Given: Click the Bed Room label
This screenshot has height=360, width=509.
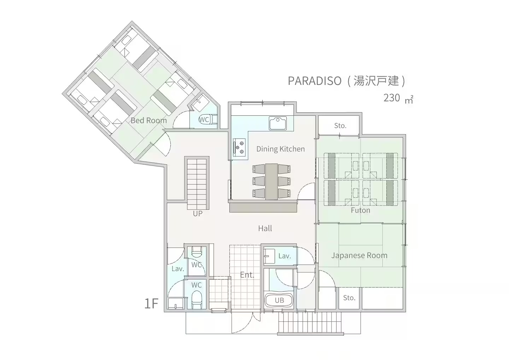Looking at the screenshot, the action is click(x=148, y=121).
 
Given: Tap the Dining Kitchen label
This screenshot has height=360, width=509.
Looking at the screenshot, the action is click(x=280, y=149).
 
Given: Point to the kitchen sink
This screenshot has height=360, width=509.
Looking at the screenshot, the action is click(x=278, y=123).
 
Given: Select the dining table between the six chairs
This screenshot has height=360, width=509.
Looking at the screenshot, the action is click(x=271, y=181).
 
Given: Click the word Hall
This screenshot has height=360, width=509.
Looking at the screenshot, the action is click(x=265, y=228).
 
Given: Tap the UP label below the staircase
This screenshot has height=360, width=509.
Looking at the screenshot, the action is click(x=198, y=213).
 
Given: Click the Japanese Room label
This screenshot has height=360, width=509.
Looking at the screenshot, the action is click(x=359, y=255).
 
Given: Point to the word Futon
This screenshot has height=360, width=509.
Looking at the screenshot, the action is click(x=361, y=210).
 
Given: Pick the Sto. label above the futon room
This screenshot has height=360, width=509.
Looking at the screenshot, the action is click(x=340, y=126).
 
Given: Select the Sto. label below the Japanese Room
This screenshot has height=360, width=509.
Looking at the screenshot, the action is click(x=349, y=298).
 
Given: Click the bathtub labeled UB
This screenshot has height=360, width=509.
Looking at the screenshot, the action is click(x=279, y=300).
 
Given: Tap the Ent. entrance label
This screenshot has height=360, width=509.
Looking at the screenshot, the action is click(x=247, y=275).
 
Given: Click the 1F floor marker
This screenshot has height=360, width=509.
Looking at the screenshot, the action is click(x=151, y=303).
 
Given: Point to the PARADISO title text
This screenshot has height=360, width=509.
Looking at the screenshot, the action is click(x=315, y=81).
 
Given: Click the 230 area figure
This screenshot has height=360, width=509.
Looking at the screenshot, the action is click(x=392, y=98).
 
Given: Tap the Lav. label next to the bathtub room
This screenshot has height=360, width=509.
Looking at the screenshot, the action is click(x=285, y=256).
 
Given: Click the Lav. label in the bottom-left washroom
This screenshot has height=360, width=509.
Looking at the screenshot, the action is click(x=178, y=269).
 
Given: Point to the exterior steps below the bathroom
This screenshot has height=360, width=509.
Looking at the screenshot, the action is click(x=310, y=323).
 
